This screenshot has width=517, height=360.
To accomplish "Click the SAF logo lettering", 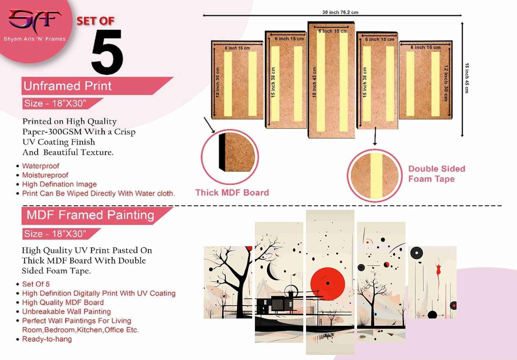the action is pyautogui.click(x=34, y=20).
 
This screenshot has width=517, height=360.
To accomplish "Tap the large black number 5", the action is pyautogui.click(x=107, y=52).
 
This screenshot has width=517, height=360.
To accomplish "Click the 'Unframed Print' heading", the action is pyautogui.click(x=68, y=86).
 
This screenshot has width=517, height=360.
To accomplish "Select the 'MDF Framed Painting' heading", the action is pyautogui.click(x=90, y=215).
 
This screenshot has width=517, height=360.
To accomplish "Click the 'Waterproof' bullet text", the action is pyautogui.click(x=41, y=166).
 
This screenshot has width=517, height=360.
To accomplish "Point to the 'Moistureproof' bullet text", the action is pyautogui.click(x=45, y=175).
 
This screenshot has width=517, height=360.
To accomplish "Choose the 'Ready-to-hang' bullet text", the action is pyautogui.click(x=47, y=339).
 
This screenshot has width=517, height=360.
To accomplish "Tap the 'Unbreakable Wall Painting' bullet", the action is pyautogui.click(x=67, y=311).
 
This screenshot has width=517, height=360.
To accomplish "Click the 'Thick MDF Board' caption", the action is pyautogui.click(x=232, y=192).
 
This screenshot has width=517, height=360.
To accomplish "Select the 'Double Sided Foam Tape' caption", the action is pyautogui.click(x=437, y=174).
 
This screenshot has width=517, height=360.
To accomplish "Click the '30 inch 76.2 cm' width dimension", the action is pyautogui.click(x=340, y=12).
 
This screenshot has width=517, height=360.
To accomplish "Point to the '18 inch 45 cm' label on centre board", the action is pyautogui.click(x=314, y=82).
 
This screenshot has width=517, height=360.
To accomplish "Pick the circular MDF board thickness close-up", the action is pyautogui.click(x=230, y=157).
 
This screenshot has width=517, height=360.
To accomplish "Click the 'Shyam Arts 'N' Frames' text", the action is pyautogui.click(x=34, y=39).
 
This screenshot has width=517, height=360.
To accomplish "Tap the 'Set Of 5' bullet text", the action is pyautogui.click(x=36, y=284).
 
